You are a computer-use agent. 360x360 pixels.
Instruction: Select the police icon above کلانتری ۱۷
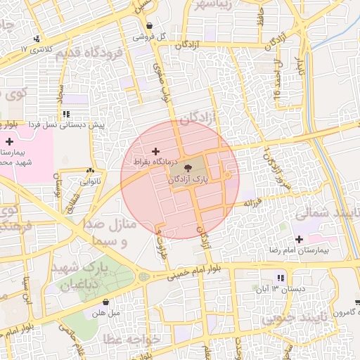[35, 38]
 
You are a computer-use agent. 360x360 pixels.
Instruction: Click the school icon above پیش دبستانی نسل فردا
[66, 113]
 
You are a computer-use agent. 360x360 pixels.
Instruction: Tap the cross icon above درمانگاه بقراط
[155, 151]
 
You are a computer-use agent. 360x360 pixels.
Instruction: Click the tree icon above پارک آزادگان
[189, 168]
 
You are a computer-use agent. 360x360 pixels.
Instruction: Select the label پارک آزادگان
[189, 181]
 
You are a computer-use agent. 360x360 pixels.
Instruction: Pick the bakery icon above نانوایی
[90, 170]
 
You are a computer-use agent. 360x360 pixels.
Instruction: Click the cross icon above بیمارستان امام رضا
[300, 239]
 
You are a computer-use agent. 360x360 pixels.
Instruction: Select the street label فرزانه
[252, 202]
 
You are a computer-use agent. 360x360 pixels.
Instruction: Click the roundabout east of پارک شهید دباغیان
[144, 276]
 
